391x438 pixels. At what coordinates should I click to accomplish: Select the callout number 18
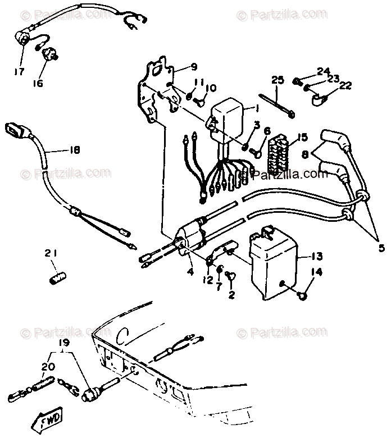[74, 150]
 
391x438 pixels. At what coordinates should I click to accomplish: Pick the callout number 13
[316, 257]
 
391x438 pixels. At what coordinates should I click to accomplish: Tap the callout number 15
[303, 136]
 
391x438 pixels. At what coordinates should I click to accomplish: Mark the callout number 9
[193, 66]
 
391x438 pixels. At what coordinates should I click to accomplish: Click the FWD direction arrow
[49, 419]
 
